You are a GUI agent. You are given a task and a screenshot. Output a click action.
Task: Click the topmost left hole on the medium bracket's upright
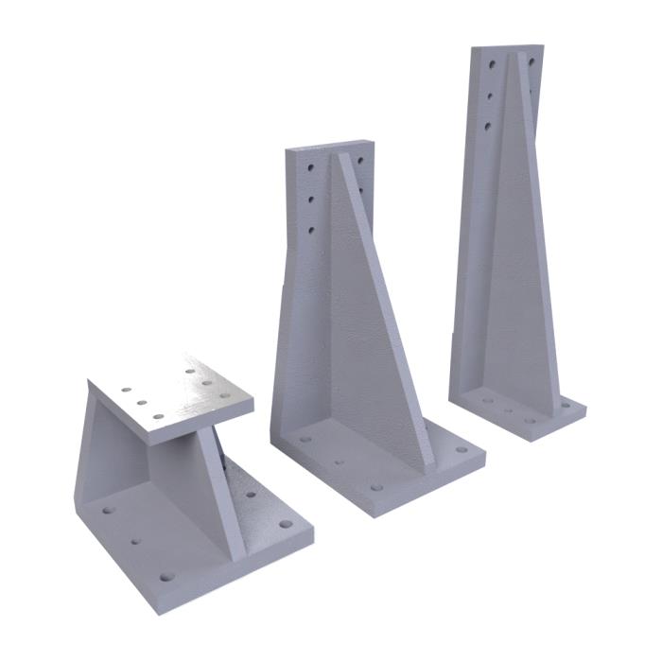click(x=310, y=167)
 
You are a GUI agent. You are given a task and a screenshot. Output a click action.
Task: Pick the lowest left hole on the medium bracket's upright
click(x=310, y=229)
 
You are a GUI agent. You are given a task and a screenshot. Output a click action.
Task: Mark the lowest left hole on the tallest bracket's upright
click(x=488, y=124)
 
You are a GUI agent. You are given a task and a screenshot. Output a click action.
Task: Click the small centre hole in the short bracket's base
click(x=137, y=543)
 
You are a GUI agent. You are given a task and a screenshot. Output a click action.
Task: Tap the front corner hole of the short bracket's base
click(x=168, y=575)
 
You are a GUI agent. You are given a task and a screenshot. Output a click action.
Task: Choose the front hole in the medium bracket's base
click(x=376, y=488)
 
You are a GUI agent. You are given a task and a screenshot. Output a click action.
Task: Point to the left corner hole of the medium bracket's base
click(x=305, y=440)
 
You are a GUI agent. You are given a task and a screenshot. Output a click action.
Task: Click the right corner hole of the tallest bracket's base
click(x=566, y=405)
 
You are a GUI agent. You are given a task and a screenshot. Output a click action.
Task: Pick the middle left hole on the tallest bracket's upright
click(x=490, y=95)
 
